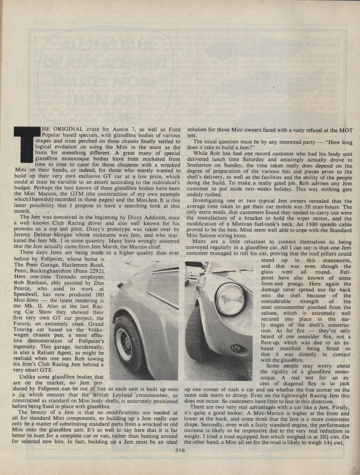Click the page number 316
click(x=180, y=451)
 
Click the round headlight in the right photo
click(x=230, y=300)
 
